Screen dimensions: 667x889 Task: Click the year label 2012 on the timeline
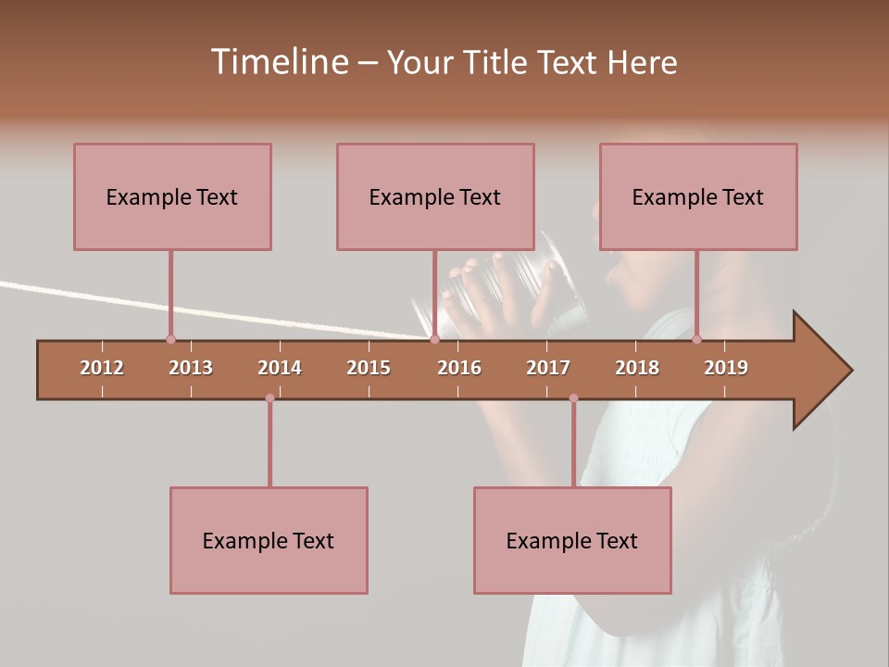[x=102, y=368]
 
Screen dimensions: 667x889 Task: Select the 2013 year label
[x=191, y=368]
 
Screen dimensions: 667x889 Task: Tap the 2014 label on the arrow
[x=280, y=368]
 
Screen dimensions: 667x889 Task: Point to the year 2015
[x=369, y=368]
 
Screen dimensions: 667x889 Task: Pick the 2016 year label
[x=459, y=368]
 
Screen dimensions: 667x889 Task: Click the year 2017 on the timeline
[x=548, y=368]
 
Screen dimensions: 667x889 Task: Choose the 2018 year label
[x=637, y=368]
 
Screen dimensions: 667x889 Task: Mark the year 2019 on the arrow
[x=726, y=368]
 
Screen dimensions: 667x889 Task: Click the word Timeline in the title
[x=278, y=62]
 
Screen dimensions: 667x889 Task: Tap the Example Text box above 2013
[x=172, y=196]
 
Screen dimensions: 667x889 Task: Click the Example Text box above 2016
[x=435, y=196]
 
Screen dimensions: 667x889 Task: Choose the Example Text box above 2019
[x=698, y=196]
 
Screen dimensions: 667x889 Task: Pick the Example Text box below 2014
[x=269, y=540]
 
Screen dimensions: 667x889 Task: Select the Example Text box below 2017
[x=572, y=540]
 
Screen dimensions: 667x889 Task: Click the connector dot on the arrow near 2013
[x=170, y=340]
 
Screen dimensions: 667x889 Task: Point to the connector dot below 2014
[x=269, y=398]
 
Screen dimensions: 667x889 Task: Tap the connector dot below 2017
[x=573, y=398]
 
